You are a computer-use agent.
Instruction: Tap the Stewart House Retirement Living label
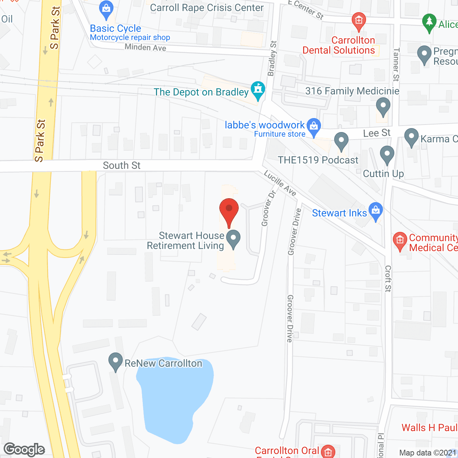(x=186, y=240)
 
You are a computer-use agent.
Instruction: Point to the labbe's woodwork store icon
(x=314, y=127)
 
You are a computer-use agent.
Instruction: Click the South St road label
(x=122, y=165)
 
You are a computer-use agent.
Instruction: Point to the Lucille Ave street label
(x=280, y=183)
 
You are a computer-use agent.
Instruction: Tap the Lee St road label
(x=377, y=133)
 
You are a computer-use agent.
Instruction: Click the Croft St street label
(x=388, y=278)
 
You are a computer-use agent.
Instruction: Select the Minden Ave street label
(x=145, y=47)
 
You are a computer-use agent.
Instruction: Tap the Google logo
(x=24, y=449)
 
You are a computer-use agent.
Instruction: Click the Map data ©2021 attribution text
(x=428, y=453)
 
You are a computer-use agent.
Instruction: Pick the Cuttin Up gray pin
(x=387, y=155)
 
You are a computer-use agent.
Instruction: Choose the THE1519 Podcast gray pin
(x=341, y=141)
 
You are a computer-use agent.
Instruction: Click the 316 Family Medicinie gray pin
(x=383, y=107)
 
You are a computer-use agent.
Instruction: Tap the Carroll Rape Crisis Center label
(x=207, y=8)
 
